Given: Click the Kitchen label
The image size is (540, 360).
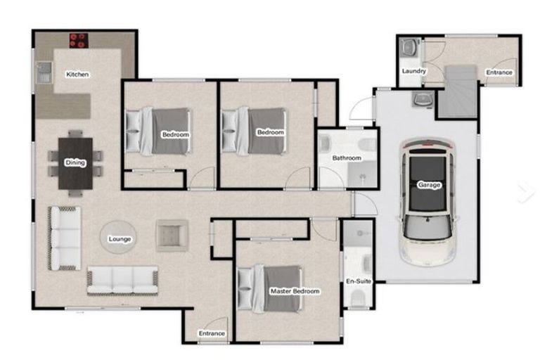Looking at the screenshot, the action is click(77, 74).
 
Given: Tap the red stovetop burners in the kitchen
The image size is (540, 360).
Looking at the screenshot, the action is click(79, 40).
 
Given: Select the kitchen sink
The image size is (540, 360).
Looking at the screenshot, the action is click(44, 72).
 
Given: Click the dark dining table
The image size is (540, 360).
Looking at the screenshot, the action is click(75, 163).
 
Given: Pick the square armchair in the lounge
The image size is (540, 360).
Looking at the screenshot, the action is click(172, 236).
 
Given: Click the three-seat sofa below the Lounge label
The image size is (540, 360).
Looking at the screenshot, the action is click(122, 281).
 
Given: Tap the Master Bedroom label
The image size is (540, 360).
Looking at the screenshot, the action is click(295, 291).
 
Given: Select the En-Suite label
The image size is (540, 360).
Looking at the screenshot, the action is click(359, 281).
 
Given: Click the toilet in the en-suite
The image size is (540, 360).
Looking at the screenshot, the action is click(358, 297).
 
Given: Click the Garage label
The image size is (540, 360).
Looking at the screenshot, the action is click(429, 185).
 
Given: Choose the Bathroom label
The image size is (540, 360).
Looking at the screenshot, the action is click(347, 157).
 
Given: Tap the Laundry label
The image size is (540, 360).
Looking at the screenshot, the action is click(414, 71).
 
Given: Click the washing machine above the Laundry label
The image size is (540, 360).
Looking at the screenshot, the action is click(409, 47).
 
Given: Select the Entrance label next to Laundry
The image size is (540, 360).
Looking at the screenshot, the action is click(499, 72).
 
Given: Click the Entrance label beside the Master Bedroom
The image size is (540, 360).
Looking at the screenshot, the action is click(212, 333).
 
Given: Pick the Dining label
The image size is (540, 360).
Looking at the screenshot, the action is click(75, 162).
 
